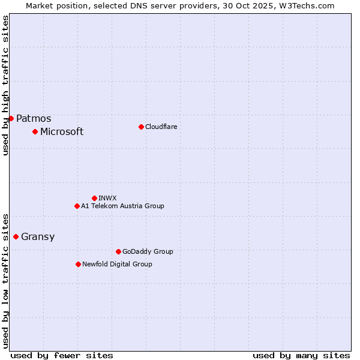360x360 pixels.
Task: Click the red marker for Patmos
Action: [11, 118]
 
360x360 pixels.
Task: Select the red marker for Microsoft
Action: [35, 131]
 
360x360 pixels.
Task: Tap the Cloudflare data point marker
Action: [141, 127]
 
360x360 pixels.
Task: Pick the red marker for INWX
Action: [94, 198]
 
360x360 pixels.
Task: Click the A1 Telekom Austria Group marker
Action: [77, 206]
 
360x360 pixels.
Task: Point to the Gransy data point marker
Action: [16, 236]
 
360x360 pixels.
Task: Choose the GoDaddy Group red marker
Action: [118, 251]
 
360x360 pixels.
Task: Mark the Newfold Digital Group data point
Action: [78, 264]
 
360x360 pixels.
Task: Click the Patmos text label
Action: [34, 119]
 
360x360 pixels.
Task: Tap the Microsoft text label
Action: [62, 132]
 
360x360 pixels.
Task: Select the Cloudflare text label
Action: [161, 127]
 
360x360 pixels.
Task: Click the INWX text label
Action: [107, 198]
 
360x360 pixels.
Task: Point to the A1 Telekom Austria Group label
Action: [122, 206]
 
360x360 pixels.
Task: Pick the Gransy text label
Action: [38, 237]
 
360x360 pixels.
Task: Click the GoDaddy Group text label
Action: [148, 251]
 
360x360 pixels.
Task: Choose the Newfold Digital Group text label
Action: [117, 264]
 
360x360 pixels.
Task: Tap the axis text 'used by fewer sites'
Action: [62, 355]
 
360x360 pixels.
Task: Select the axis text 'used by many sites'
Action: [301, 355]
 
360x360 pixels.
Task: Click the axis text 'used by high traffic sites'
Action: [5, 85]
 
